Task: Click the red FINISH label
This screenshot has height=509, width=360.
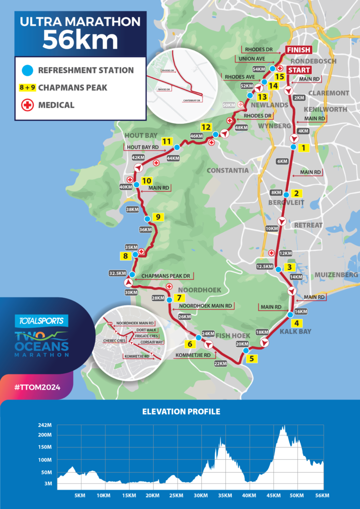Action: point(298,50)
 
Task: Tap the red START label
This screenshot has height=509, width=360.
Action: point(298,70)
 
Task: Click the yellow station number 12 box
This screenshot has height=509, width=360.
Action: point(206,126)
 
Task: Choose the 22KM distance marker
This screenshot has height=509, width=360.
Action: point(220,364)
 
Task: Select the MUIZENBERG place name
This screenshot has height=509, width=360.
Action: point(336,274)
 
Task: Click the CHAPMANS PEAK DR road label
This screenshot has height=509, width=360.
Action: point(164,275)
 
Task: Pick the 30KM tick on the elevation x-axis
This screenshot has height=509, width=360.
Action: point(200,496)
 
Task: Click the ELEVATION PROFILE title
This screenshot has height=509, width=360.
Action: point(181,412)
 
